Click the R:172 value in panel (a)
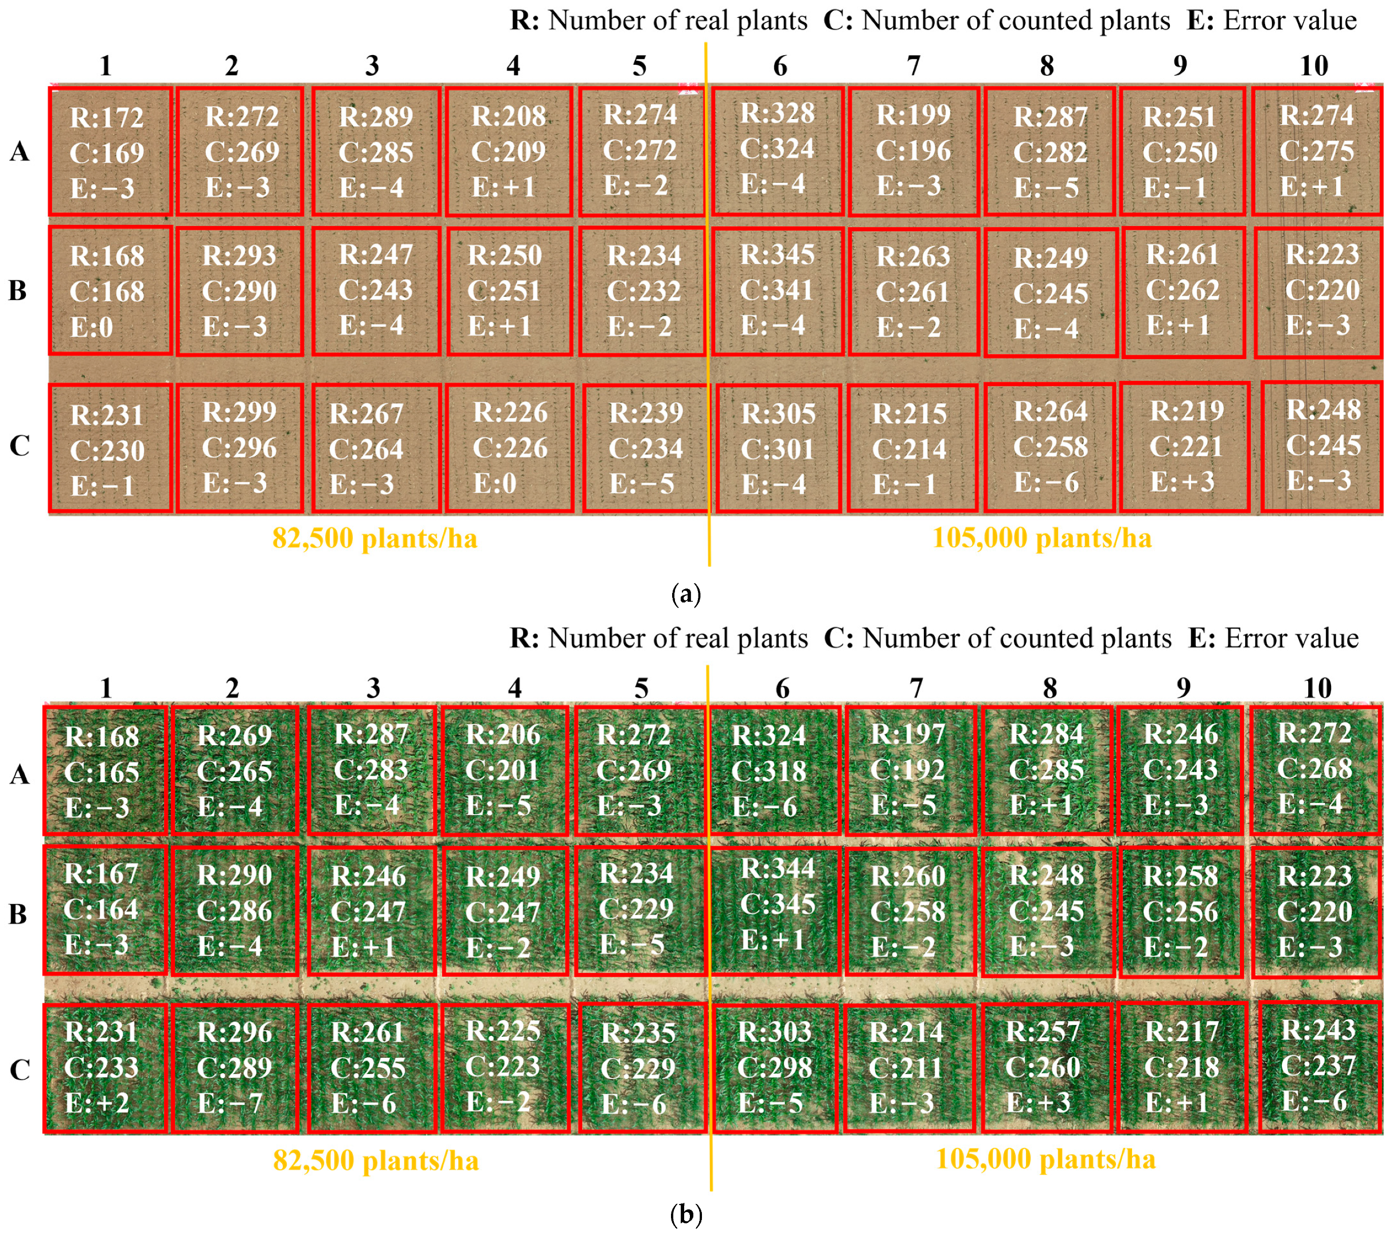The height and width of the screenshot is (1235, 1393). point(107,118)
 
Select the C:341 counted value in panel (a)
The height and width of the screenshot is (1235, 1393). point(777,290)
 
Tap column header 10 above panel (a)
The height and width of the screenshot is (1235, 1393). point(1313,66)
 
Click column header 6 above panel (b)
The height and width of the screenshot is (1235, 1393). point(782,688)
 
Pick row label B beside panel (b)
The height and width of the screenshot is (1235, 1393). point(18,914)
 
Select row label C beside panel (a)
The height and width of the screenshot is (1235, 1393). point(19,446)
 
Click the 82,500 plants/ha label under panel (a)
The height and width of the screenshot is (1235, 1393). point(375,539)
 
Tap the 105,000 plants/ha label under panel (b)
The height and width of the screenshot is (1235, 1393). point(1045,1159)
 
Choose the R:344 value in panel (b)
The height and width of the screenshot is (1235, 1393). point(778,868)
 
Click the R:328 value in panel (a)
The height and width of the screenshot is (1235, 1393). point(778,113)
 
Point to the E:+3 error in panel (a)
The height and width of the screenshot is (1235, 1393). point(1183,482)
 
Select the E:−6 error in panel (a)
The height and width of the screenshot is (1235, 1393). point(1046,482)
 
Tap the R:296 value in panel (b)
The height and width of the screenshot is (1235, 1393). point(235,1032)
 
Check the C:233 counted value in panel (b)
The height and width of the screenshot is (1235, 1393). point(101,1068)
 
